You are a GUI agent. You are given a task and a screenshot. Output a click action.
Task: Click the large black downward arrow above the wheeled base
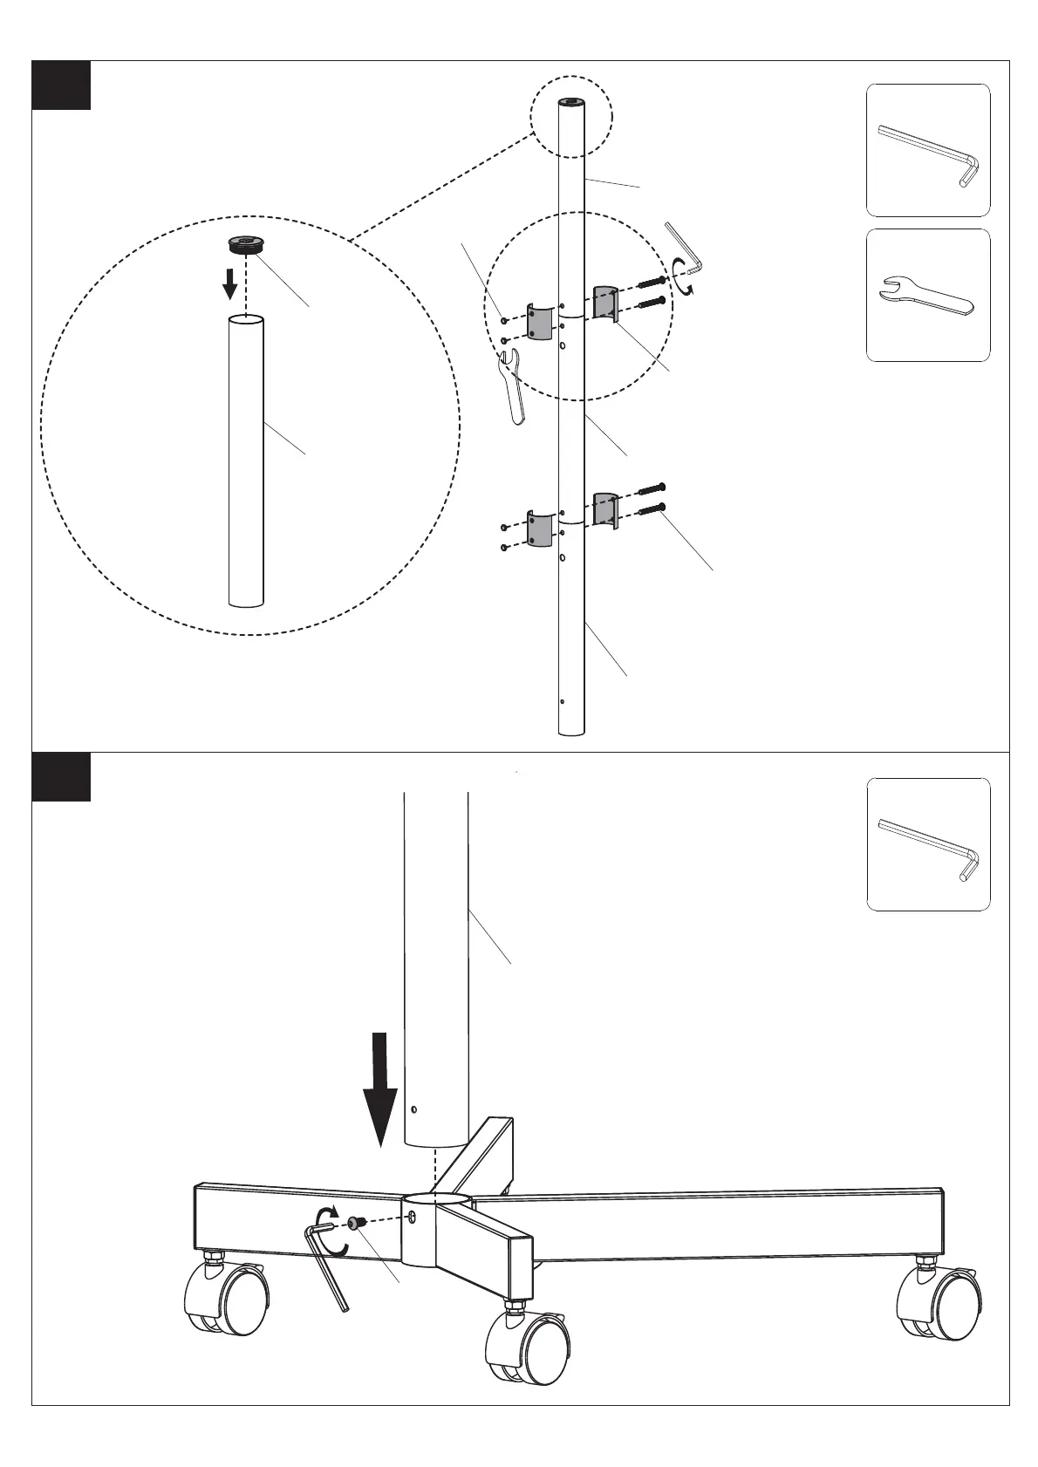point(380,1087)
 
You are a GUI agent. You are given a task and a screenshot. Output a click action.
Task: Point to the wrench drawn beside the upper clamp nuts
point(512,385)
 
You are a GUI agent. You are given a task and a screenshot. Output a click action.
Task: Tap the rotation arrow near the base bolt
point(327,1218)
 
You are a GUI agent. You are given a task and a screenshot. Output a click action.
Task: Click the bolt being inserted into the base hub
point(356,1224)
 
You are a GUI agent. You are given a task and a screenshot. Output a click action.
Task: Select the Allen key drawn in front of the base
point(327,1265)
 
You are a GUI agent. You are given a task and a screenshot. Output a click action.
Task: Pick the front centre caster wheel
point(532,1348)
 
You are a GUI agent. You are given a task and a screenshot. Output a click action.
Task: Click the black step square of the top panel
point(61,85)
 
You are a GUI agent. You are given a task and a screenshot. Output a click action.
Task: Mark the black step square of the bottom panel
point(61,776)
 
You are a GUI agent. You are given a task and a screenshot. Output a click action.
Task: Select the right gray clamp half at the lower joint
point(604,509)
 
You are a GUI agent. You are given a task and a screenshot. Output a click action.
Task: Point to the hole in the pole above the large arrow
point(414,1110)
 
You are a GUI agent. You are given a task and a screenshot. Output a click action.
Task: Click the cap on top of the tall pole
point(571,103)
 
